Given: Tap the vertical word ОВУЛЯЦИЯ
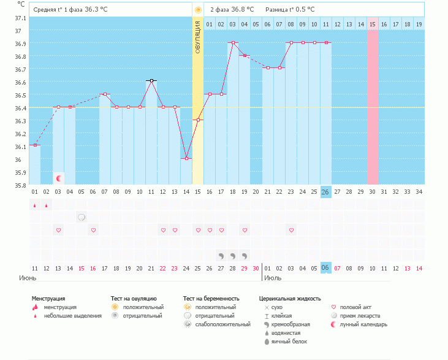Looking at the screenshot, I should pos(198,37).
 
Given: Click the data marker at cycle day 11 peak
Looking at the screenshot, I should pos(151,80).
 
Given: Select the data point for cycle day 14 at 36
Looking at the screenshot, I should pos(186,158).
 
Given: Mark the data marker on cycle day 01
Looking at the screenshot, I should pos(35,145).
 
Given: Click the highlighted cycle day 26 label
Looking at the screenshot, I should pos(325,192).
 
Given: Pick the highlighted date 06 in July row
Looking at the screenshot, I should pos(325,268).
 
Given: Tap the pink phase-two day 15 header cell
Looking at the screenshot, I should pos(373,24).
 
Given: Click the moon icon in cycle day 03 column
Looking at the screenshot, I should pos(59,178).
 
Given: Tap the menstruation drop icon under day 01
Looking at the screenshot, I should pos(35,205).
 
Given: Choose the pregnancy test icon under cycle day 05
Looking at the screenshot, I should pos(82,217).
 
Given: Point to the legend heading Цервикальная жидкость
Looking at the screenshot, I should pos(290,299).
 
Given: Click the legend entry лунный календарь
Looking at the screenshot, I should pos(364,324).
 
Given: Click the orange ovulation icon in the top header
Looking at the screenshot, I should pos(198,10).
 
